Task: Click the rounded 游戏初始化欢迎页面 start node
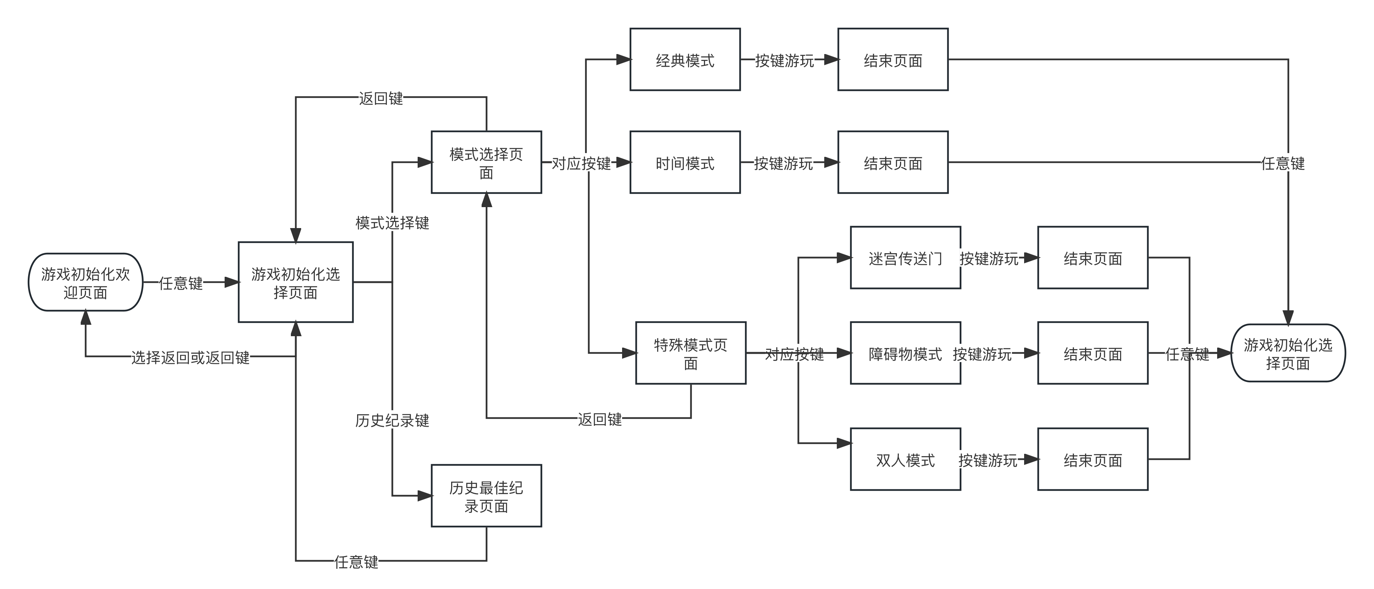[85, 282]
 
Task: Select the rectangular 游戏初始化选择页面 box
[295, 282]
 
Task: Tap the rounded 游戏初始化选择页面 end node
[1288, 353]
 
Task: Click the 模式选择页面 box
[486, 162]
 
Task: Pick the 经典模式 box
[685, 60]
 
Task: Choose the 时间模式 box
[685, 162]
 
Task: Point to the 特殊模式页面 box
[690, 353]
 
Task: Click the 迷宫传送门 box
[905, 258]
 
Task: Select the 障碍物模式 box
[905, 353]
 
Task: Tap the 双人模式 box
[905, 459]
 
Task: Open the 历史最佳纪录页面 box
[486, 496]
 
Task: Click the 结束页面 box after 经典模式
[893, 60]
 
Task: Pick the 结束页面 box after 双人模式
[1092, 459]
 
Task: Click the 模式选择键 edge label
[392, 222]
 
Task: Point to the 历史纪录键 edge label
[392, 420]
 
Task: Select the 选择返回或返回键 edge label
[190, 357]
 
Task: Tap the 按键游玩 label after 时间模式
[783, 163]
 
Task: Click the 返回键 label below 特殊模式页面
[600, 419]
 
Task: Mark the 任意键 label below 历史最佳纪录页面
[356, 561]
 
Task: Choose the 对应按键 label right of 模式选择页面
[581, 163]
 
